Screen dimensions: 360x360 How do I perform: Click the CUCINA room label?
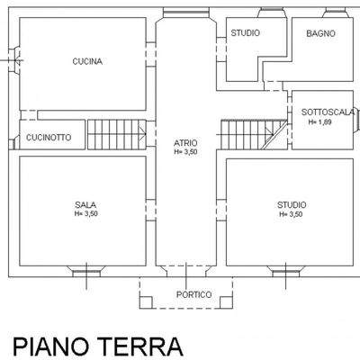87,62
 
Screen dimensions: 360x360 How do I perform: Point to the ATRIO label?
186,143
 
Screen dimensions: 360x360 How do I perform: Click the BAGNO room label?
320,33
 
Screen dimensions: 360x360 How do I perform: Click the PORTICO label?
193,295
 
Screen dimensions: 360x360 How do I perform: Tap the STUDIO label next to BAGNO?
245,33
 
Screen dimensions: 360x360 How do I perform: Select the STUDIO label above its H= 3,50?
291,204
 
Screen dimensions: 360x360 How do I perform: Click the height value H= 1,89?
320,121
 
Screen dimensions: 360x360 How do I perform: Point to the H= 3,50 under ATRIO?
186,152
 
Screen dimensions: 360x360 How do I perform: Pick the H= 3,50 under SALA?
86,214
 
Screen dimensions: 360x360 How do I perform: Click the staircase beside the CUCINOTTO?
117,134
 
